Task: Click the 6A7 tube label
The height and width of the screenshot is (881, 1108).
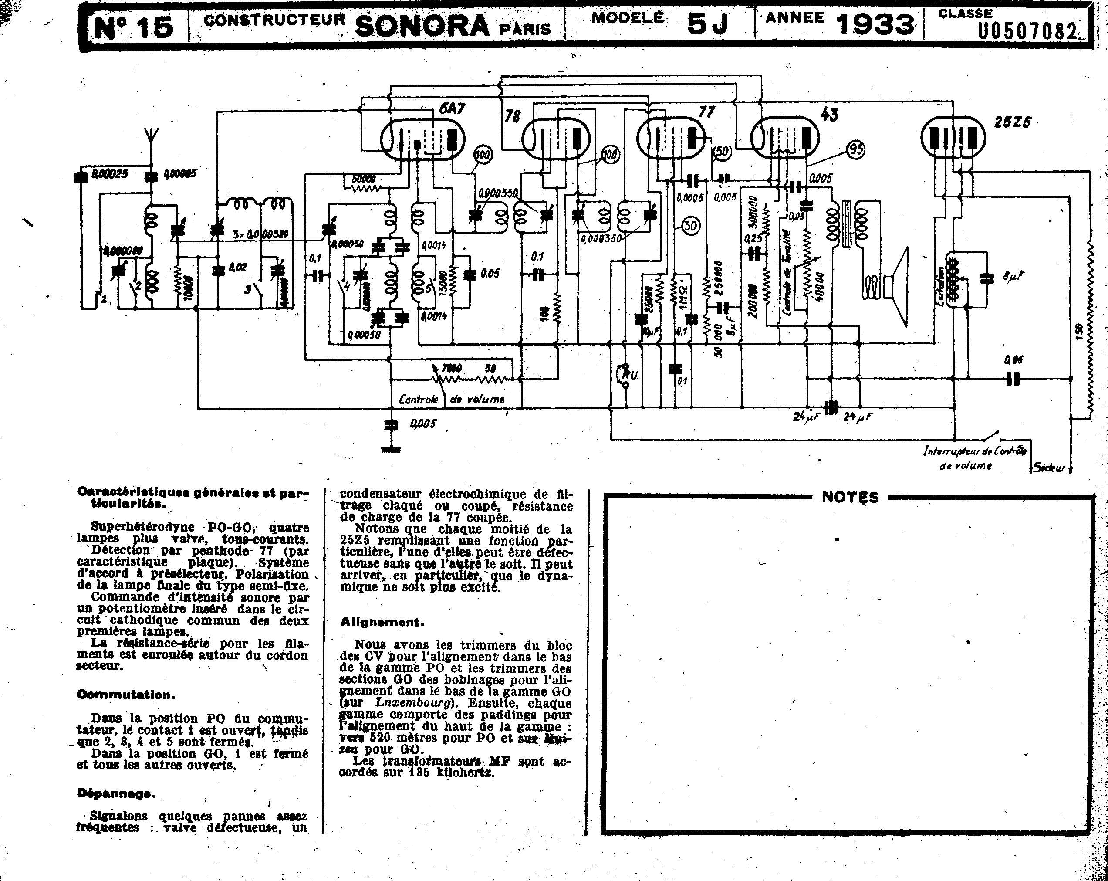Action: pos(452,108)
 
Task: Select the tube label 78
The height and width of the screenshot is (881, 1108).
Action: pos(512,116)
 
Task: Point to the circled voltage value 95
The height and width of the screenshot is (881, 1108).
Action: pos(856,149)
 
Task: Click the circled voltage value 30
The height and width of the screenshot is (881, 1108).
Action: pos(691,226)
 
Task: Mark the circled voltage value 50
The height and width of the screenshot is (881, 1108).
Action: pos(722,151)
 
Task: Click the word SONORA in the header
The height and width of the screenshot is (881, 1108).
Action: pos(422,26)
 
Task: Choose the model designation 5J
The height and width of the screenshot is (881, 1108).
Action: pos(708,24)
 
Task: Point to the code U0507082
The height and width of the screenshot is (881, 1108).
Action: pos(1027,31)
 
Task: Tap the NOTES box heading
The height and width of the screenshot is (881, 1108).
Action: pos(850,497)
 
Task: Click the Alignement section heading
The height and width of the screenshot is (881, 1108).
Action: pos(382,622)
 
